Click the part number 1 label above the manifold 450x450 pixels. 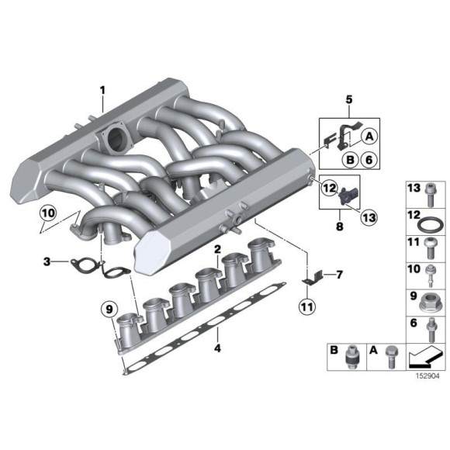(x=102, y=91)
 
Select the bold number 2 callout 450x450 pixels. (x=218, y=249)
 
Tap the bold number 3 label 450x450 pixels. (x=47, y=262)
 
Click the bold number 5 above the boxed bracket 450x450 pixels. (x=348, y=99)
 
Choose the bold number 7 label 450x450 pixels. (x=338, y=274)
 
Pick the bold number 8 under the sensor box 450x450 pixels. (x=339, y=228)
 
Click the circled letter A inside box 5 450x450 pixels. (x=370, y=135)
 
